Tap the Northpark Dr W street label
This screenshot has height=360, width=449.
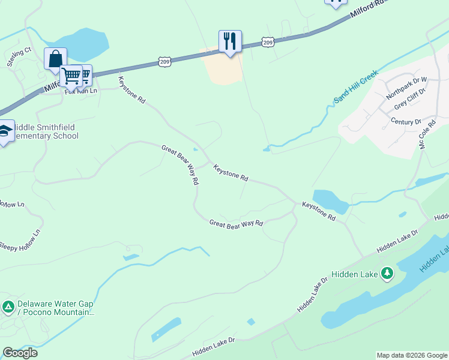[406, 88]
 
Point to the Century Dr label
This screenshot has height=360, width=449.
[406, 122]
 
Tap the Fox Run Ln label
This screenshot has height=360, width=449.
[80, 91]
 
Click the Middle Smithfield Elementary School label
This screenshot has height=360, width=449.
[46, 131]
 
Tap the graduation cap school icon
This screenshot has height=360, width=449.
[5, 131]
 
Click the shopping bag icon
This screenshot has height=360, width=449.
[55, 59]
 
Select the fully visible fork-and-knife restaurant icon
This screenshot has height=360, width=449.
[230, 41]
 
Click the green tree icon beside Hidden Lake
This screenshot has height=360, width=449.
[387, 274]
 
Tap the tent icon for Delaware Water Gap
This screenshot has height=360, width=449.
[8, 308]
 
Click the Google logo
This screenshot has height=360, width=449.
[20, 353]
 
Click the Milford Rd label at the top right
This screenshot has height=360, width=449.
[366, 11]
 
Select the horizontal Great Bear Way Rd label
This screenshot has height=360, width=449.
[236, 223]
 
